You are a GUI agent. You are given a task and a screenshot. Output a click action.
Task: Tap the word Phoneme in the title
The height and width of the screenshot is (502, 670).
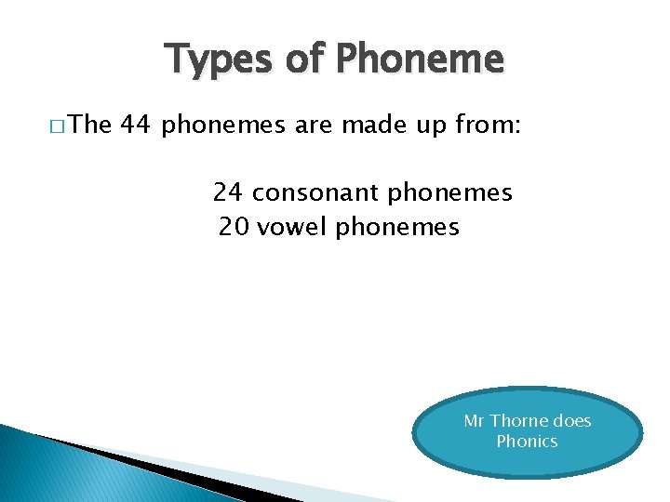(x=420, y=59)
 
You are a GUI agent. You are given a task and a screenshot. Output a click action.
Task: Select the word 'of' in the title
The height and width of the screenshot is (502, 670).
(x=305, y=59)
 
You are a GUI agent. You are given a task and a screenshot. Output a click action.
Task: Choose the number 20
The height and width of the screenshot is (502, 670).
(x=234, y=227)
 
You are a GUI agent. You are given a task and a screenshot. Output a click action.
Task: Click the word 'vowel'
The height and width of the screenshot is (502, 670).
(x=292, y=227)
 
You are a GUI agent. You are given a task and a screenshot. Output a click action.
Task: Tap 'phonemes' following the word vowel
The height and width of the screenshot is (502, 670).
(x=397, y=228)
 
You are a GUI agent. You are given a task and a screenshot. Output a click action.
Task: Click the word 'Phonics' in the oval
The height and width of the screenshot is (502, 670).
(x=527, y=442)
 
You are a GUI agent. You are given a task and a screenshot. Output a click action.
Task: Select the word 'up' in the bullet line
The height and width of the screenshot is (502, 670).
(x=425, y=126)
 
